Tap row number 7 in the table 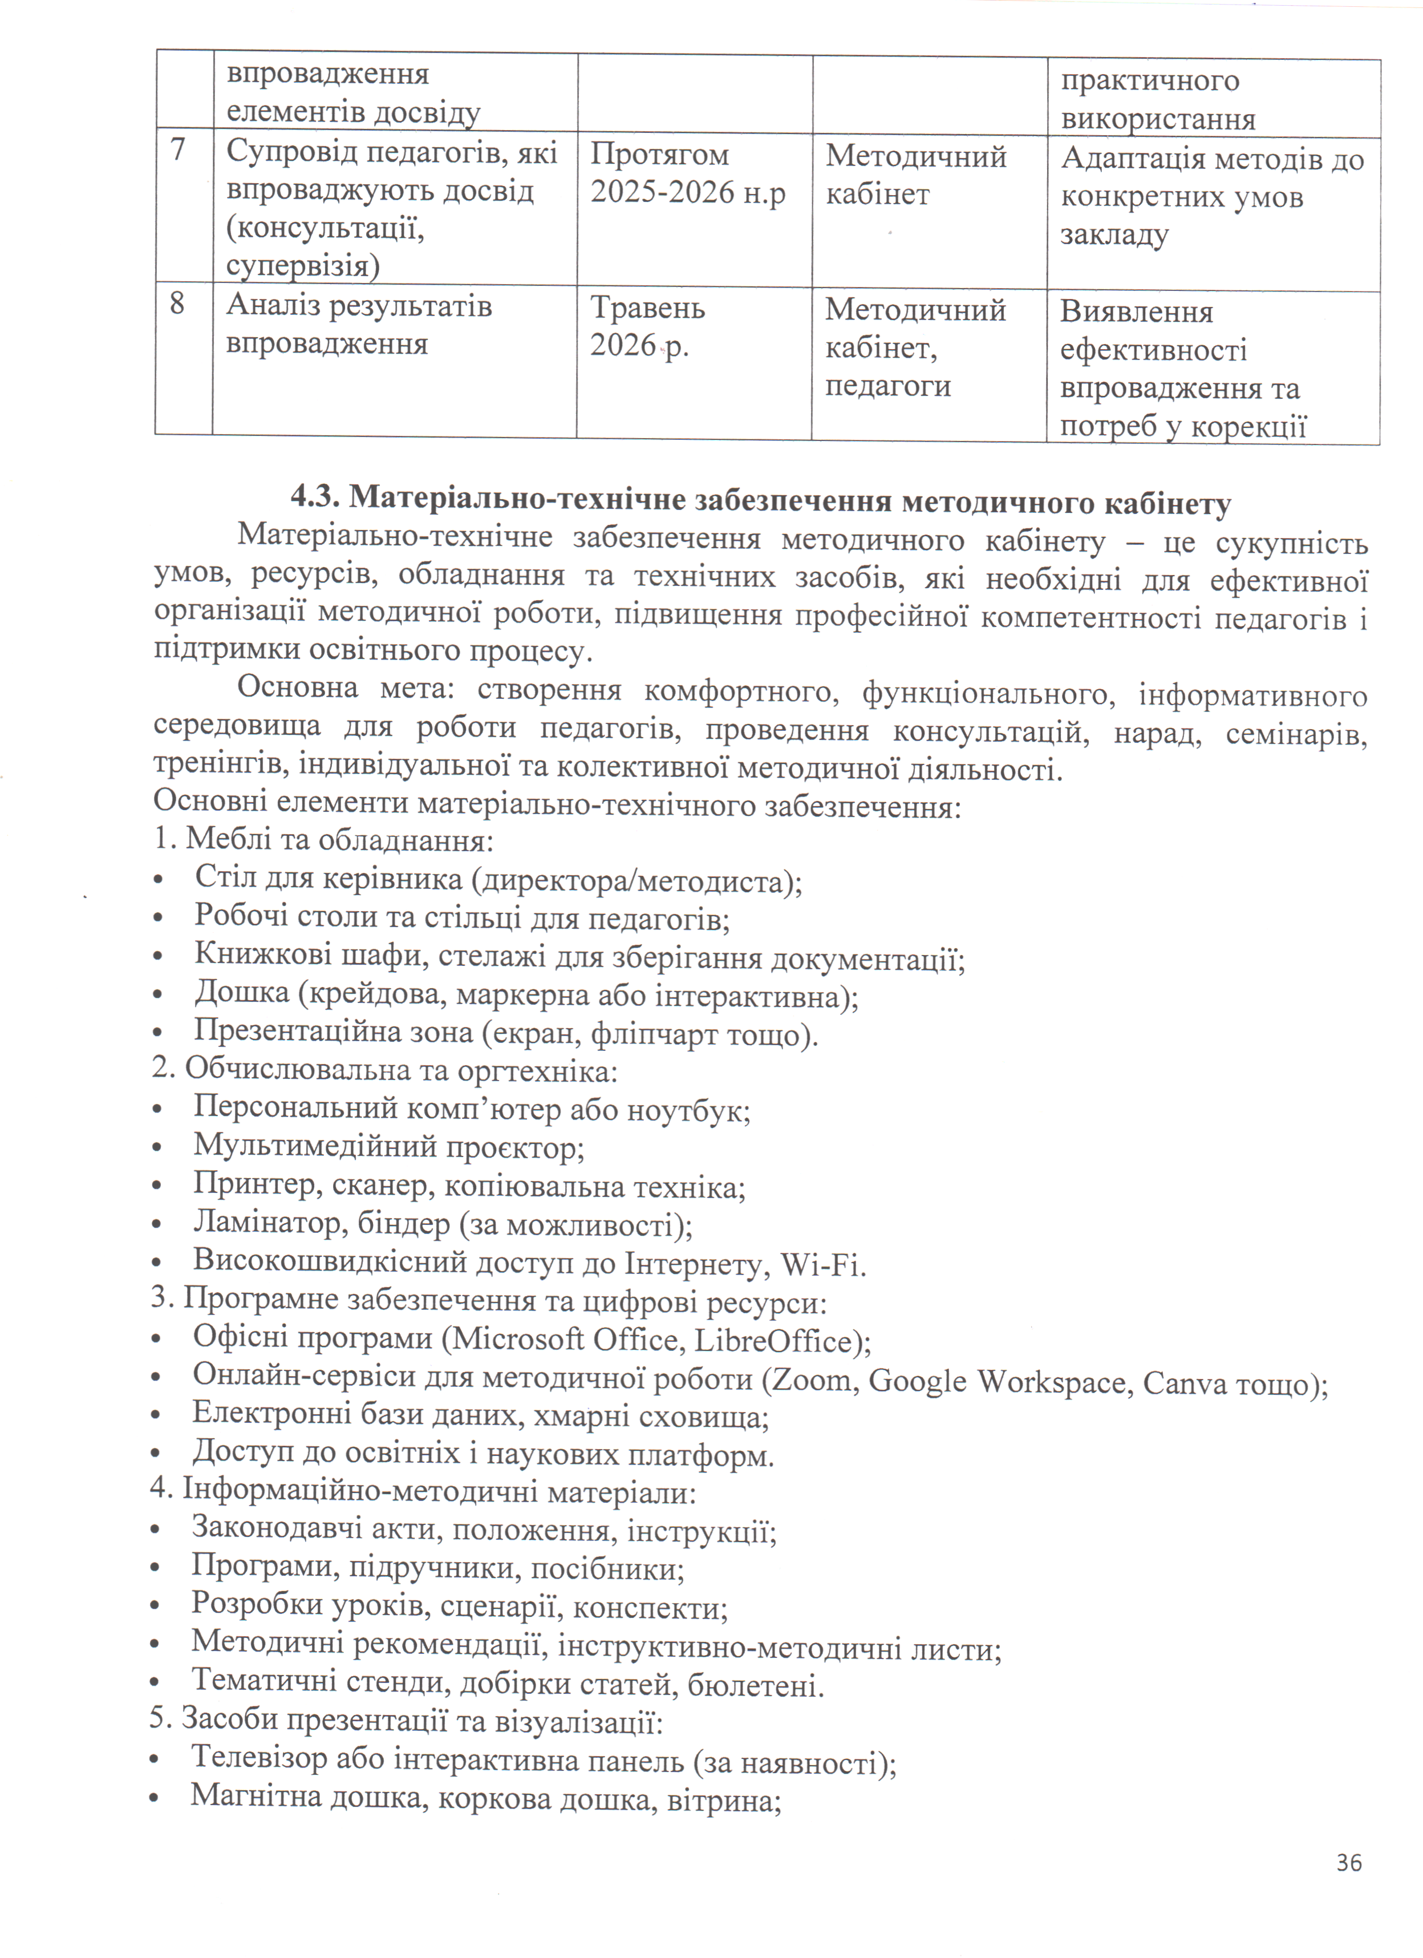[179, 150]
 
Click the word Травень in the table [647, 308]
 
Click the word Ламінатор [258, 1223]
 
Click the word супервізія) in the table [303, 265]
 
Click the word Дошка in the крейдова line [241, 992]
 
